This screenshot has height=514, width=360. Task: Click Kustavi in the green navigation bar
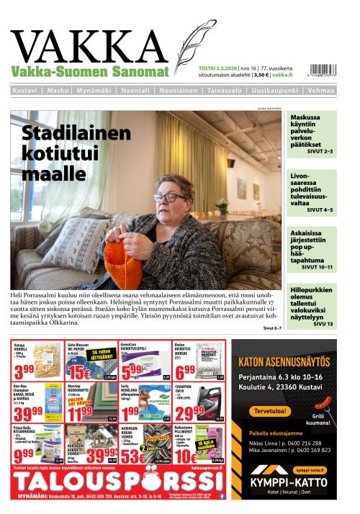[x=25, y=91]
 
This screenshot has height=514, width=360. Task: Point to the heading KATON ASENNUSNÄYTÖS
[x=284, y=353]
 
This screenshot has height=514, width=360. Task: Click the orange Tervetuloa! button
[x=269, y=411]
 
